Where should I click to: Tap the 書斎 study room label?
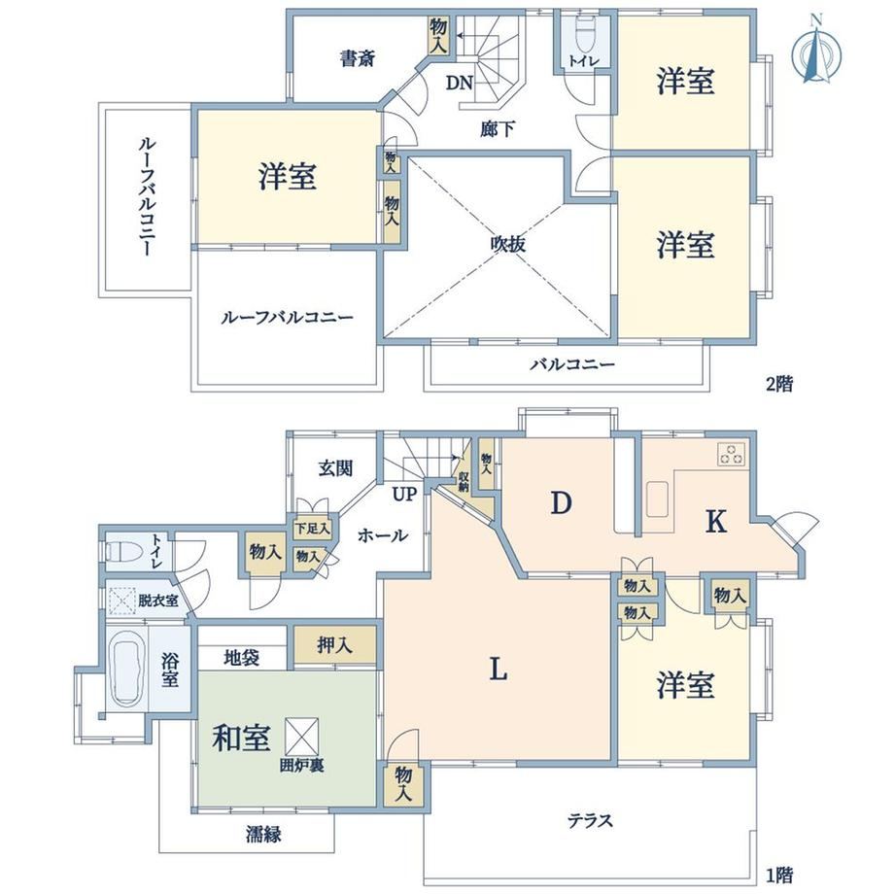[x=358, y=58]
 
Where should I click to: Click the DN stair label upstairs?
[x=459, y=84]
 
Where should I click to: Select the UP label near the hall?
[x=404, y=494]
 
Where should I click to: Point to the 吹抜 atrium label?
[x=507, y=244]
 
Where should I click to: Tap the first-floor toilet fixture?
[x=121, y=551]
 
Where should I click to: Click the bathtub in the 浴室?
[x=126, y=668]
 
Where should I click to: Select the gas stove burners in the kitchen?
[x=732, y=455]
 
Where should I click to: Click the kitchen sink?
[x=658, y=499]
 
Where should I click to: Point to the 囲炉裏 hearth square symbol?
[x=301, y=736]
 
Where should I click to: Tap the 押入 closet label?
[x=334, y=645]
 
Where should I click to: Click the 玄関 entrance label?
[x=335, y=468]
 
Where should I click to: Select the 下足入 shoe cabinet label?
[x=312, y=528]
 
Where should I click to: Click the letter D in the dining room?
[x=561, y=503]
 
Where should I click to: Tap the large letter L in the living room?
[x=498, y=669]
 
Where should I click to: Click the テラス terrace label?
[x=590, y=820]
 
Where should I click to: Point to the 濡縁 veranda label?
[x=263, y=836]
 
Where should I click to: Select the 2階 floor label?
[x=778, y=384]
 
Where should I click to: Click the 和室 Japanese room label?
[x=241, y=739]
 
